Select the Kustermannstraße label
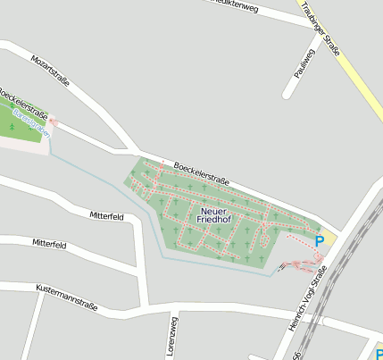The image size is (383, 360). pyautogui.click(x=67, y=297)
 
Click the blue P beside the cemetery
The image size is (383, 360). pyautogui.click(x=319, y=241)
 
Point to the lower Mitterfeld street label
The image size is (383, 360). pyautogui.click(x=50, y=244)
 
